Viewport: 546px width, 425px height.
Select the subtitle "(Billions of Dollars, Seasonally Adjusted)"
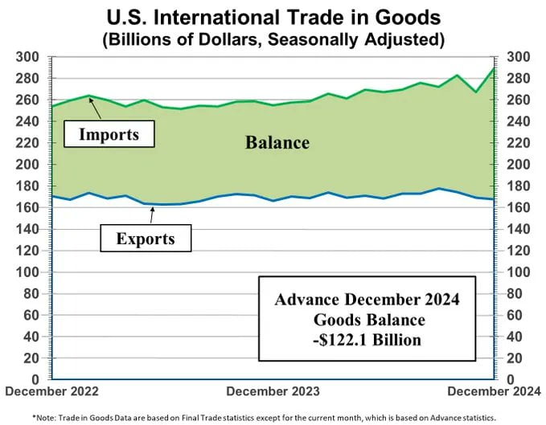(x=273, y=38)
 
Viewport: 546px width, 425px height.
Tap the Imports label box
(x=108, y=134)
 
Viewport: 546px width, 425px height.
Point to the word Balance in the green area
(x=277, y=143)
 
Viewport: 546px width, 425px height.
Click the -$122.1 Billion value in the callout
(x=367, y=340)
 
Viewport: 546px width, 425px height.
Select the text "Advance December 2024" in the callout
(x=367, y=300)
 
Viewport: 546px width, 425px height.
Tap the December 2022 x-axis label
(x=51, y=391)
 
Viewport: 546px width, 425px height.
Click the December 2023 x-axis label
(x=273, y=391)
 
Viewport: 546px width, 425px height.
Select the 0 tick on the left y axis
(x=35, y=378)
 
